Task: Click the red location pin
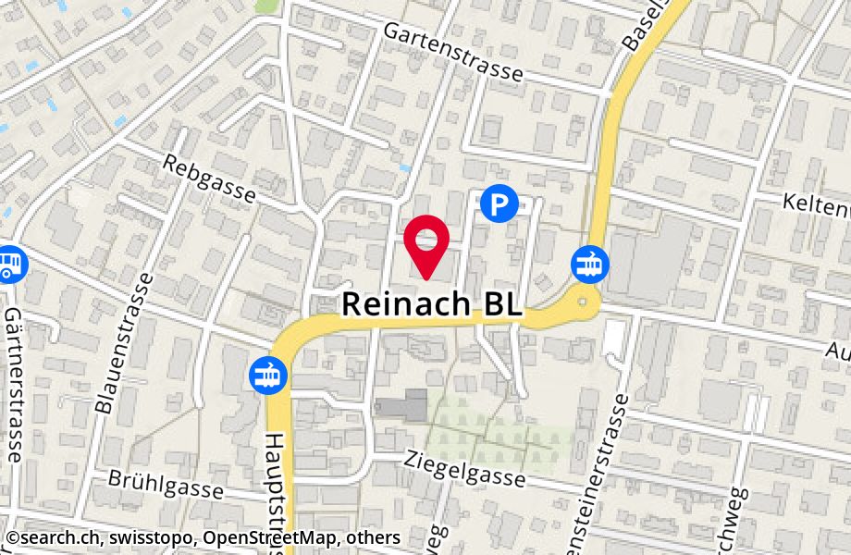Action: pyautogui.click(x=426, y=243)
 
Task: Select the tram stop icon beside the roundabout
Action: pyautogui.click(x=588, y=263)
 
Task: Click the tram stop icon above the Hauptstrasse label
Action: pyautogui.click(x=268, y=376)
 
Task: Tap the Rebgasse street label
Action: pyautogui.click(x=208, y=179)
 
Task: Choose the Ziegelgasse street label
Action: pyautogui.click(x=465, y=468)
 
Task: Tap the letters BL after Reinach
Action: pyautogui.click(x=499, y=304)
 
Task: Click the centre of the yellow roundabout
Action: pyautogui.click(x=583, y=300)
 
